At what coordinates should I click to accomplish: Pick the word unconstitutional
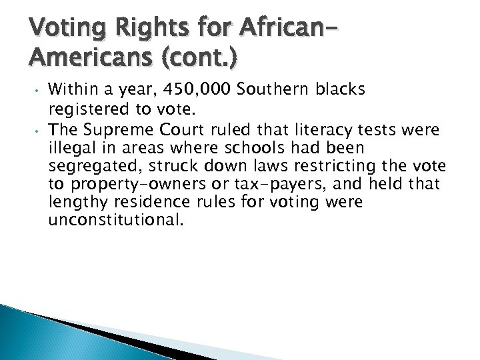(115, 219)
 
